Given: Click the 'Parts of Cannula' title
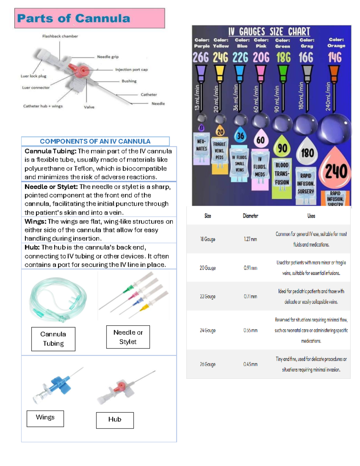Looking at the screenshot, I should click(x=73, y=19).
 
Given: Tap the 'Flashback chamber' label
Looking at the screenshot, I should click(x=60, y=36).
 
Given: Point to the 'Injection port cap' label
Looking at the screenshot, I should click(x=131, y=70).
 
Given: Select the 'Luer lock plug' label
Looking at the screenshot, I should click(x=33, y=76).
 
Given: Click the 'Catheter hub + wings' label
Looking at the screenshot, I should click(x=43, y=106).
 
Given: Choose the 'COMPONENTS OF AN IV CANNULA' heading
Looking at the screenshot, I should click(x=95, y=141).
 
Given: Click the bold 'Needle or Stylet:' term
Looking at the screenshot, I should click(x=51, y=187).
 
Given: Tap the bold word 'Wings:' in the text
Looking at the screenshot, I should click(x=35, y=222).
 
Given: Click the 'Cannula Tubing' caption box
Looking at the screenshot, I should click(x=53, y=339).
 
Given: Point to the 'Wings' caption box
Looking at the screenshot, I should click(x=45, y=418).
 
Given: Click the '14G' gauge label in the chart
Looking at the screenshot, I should click(x=334, y=57).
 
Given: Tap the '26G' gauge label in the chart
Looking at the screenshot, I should click(x=200, y=57).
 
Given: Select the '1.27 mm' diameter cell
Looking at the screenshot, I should click(x=250, y=239).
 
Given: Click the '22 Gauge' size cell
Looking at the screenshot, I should click(x=208, y=296).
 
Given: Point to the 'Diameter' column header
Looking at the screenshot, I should click(x=250, y=216).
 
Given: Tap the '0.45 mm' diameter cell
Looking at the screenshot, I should click(x=250, y=364).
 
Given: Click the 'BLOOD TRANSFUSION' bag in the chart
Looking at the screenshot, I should click(x=282, y=174).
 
